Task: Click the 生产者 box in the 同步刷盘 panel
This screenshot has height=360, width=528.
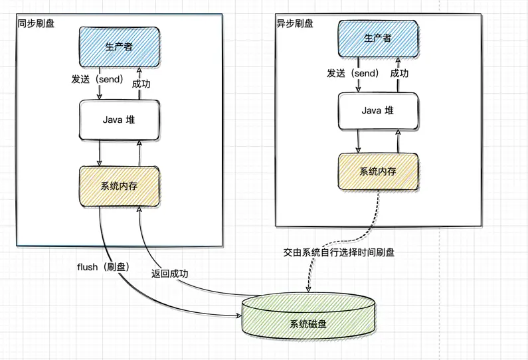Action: [120, 46]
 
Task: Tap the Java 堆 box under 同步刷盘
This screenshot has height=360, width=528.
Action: [120, 120]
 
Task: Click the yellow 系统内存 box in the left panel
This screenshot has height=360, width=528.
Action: [120, 186]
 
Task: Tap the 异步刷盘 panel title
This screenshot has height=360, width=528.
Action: [294, 23]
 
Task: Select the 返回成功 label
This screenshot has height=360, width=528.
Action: [170, 273]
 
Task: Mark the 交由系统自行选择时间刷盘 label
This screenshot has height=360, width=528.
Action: [339, 253]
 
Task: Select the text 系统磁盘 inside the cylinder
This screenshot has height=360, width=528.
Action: [308, 325]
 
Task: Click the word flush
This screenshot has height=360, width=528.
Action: [88, 267]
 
